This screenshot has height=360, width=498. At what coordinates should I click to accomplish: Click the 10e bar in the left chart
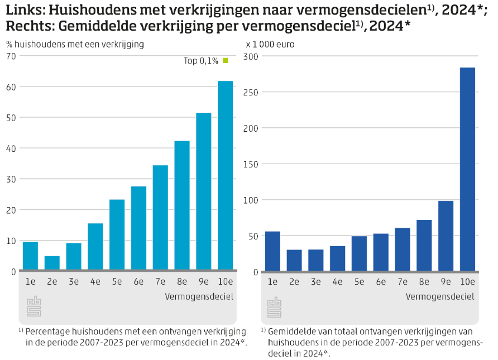coord(225,176)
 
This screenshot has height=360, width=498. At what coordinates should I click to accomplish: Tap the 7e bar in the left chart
coord(160,218)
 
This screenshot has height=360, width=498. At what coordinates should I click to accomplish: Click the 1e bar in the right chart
coord(272,252)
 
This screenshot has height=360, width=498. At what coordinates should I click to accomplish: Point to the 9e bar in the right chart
coord(446,236)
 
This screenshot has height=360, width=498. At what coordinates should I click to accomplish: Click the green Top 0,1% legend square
coord(226,60)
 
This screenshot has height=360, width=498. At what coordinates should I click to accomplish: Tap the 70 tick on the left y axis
coord(11,56)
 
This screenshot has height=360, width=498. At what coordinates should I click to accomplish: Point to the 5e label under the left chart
coord(117,282)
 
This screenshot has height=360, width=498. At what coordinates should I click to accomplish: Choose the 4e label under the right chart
coord(337,282)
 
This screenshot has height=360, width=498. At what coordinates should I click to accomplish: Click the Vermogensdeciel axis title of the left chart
coord(199,296)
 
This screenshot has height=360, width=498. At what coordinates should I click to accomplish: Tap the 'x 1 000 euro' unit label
coord(270,44)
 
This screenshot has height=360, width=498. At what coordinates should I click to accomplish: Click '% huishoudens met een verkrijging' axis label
coord(75,44)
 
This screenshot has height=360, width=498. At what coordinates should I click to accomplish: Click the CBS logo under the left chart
coord(33,307)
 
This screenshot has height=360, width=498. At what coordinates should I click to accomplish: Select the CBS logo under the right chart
coord(274,307)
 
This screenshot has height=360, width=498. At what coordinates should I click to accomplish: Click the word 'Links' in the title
coord(21,10)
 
